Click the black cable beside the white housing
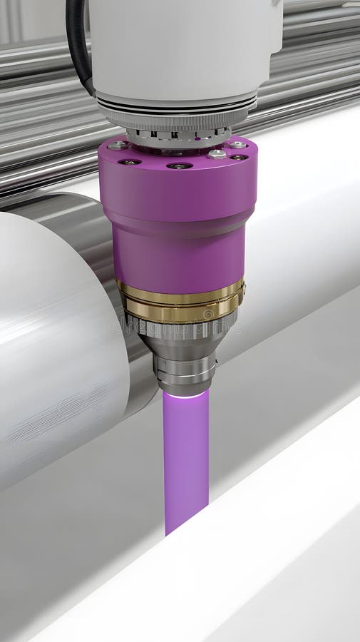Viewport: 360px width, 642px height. tap(77, 43)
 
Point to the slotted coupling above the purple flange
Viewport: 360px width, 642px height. tap(178, 137)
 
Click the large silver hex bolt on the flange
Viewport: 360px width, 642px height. tap(217, 153)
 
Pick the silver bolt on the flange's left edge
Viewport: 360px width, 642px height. tap(116, 146)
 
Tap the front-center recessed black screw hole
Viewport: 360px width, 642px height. tap(179, 165)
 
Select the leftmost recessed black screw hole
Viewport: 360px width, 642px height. tap(129, 162)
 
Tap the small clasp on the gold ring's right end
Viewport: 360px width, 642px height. tap(242, 289)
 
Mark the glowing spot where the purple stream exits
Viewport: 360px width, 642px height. tap(185, 394)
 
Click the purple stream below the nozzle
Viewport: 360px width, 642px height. tap(185, 457)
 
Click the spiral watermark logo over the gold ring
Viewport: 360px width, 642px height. tap(208, 314)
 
